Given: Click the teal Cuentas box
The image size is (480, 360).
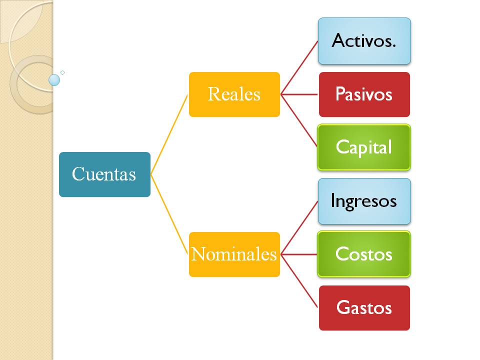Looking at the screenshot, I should point(104,174).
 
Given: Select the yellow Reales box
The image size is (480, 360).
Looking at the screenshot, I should point(234,94).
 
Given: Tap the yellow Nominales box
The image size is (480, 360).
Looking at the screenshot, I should point(234,254).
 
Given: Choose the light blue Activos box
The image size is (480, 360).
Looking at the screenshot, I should point(364,41).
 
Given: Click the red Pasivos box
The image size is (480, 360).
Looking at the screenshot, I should point(364,94).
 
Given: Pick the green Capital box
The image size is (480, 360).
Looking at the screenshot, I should point(364,147).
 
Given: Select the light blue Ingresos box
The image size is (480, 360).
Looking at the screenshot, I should point(364,201).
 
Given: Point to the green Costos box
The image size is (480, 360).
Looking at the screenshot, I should point(364,254).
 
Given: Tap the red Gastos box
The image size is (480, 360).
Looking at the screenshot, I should point(364,307).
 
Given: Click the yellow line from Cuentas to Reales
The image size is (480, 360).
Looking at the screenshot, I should point(170,134).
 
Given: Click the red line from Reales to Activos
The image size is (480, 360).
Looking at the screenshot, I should point(299,67).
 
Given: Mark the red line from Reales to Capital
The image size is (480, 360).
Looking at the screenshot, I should point(299,120).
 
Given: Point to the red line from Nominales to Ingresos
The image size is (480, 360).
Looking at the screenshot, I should point(299,227).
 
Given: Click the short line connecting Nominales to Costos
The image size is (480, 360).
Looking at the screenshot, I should point(299,254).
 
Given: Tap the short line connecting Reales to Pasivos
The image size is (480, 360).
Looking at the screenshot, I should point(299,94).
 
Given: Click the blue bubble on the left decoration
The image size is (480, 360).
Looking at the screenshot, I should point(54,80).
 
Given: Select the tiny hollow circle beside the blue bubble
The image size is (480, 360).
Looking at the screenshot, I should point(62,72).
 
